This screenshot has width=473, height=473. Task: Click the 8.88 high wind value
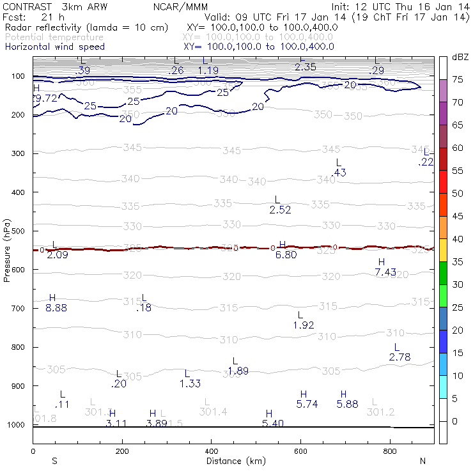pyautogui.click(x=56, y=308)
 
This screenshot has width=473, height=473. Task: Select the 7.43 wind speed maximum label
pyautogui.click(x=385, y=272)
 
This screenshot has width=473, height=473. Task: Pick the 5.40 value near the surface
pyautogui.click(x=273, y=424)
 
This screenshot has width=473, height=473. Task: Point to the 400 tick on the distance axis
pyautogui.click(x=212, y=451)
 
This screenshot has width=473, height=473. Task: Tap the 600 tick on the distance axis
pyautogui.click(x=300, y=451)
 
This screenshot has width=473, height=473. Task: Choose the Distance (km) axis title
pyautogui.click(x=233, y=461)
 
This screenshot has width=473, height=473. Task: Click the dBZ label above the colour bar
pyautogui.click(x=460, y=57)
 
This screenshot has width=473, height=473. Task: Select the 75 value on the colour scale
pyautogui.click(x=458, y=80)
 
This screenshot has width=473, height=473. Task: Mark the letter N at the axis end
pyautogui.click(x=422, y=461)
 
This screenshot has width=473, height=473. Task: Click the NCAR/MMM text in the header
pyautogui.click(x=180, y=7)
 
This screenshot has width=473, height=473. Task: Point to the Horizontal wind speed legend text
pyautogui.click(x=54, y=47)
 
